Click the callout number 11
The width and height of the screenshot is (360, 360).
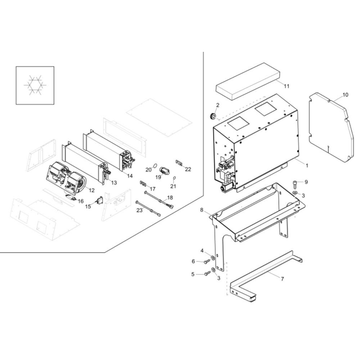click(x=287, y=86)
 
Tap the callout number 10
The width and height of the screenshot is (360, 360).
click(x=345, y=95)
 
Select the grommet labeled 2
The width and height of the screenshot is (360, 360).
click(x=213, y=116)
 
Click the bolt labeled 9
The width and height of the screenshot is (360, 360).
click(x=295, y=184)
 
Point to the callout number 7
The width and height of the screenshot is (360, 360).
click(x=282, y=279)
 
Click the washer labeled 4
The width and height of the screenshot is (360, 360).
click(x=213, y=258)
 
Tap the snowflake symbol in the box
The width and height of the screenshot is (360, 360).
click(x=35, y=85)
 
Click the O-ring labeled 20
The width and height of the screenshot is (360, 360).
click(x=155, y=165)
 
